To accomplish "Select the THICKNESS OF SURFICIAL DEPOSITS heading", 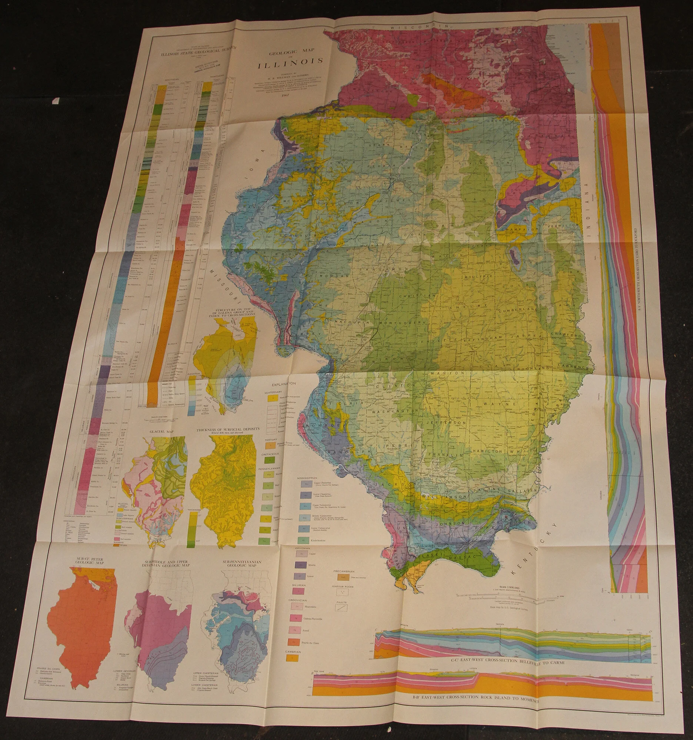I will pos(228,430).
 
